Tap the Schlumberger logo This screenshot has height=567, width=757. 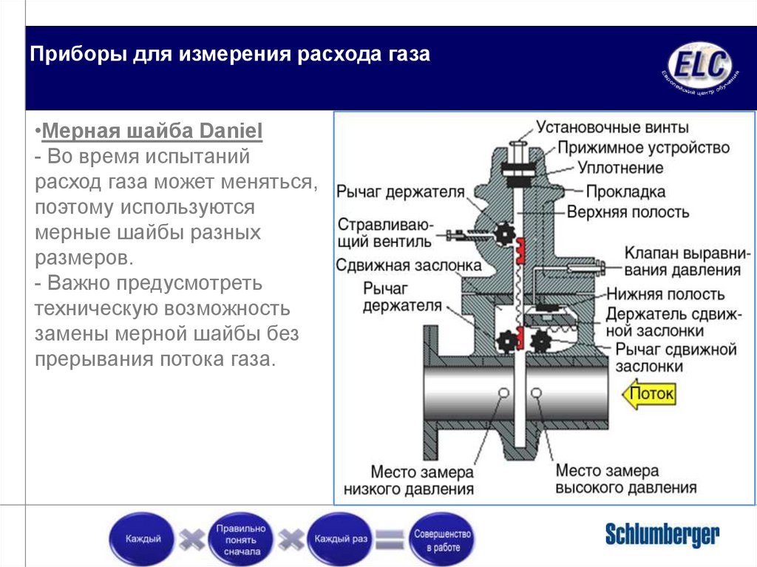click(662, 534)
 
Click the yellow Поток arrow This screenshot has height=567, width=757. click(649, 394)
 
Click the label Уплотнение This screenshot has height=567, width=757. click(619, 169)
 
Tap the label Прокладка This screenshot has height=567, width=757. click(625, 191)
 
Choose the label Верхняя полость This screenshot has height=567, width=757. click(628, 212)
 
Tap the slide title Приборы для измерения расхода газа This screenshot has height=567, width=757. click(230, 55)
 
